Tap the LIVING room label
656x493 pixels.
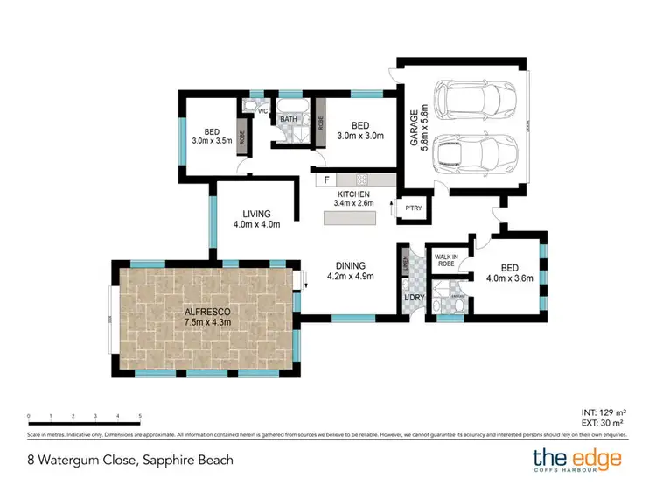click(x=256, y=214)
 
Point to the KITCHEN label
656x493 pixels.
click(x=353, y=194)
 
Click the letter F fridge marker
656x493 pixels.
click(x=327, y=180)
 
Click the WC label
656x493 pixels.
click(x=261, y=112)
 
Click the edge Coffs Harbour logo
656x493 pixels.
click(x=577, y=460)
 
